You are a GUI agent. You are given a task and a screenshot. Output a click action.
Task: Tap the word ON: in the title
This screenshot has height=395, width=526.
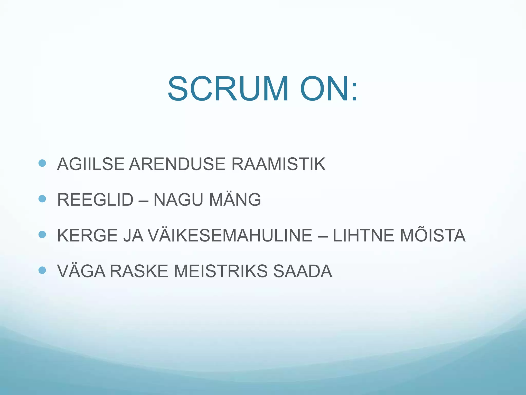tap(328, 89)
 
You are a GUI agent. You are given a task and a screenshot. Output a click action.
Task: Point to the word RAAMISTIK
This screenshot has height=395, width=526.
tap(278, 164)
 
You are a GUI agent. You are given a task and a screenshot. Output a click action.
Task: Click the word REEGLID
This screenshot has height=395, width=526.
tap(95, 200)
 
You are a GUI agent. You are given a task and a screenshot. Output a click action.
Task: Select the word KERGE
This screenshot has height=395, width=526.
tap(87, 236)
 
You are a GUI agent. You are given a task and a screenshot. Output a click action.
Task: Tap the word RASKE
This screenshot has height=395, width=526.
tap(139, 271)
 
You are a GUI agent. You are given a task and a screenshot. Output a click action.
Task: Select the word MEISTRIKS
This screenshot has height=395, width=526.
tap(221, 271)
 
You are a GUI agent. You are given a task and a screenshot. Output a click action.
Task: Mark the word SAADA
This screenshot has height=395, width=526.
tap(303, 271)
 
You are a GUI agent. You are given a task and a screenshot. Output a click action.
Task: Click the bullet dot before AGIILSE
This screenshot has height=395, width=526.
tap(42, 163)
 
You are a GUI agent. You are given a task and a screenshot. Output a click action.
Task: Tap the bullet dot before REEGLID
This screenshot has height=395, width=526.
tap(42, 199)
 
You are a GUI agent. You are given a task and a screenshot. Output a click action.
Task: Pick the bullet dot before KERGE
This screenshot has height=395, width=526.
tap(42, 235)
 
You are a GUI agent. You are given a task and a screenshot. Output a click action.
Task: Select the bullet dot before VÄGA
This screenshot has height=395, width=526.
tap(42, 270)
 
